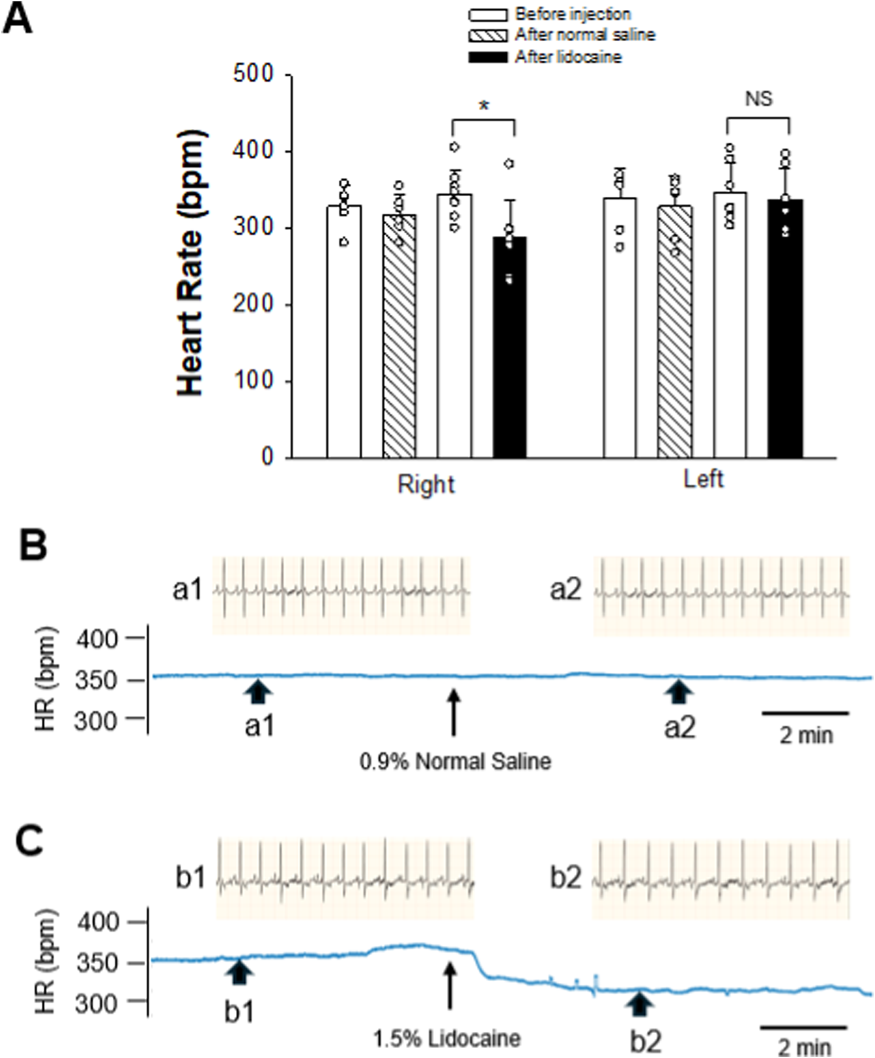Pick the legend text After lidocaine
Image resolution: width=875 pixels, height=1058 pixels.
tap(569, 57)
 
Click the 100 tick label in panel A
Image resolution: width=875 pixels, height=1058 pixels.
tap(253, 381)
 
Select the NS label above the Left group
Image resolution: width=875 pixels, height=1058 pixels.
tap(759, 99)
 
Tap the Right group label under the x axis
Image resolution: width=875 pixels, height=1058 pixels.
tap(426, 485)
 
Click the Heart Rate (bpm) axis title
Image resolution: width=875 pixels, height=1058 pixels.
tap(192, 263)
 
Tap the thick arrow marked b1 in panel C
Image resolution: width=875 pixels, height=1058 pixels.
tap(238, 971)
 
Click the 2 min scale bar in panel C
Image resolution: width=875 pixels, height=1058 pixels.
tap(804, 1027)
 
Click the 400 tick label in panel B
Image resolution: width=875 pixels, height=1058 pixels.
tap(97, 640)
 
